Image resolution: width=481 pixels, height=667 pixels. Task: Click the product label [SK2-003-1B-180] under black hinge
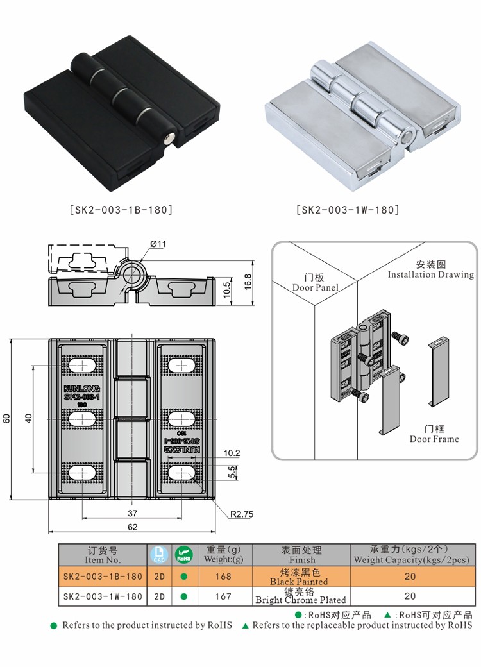121,210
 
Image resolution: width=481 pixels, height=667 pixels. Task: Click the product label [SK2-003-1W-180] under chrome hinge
348,210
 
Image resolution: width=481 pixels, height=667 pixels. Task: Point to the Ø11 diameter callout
158,244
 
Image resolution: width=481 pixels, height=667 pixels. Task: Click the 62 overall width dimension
132,527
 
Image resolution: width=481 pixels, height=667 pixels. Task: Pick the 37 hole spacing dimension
132,512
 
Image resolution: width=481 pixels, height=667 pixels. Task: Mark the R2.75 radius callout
242,513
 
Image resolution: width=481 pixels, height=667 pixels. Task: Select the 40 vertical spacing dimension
28,418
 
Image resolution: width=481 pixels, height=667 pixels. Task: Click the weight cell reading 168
223,577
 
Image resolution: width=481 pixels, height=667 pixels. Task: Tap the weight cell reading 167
223,596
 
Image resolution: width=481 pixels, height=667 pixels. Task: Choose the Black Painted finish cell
300,577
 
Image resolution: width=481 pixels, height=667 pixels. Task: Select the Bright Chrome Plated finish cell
301,596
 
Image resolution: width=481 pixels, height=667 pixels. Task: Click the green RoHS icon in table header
183,554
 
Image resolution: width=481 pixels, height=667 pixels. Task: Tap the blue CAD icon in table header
158,554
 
